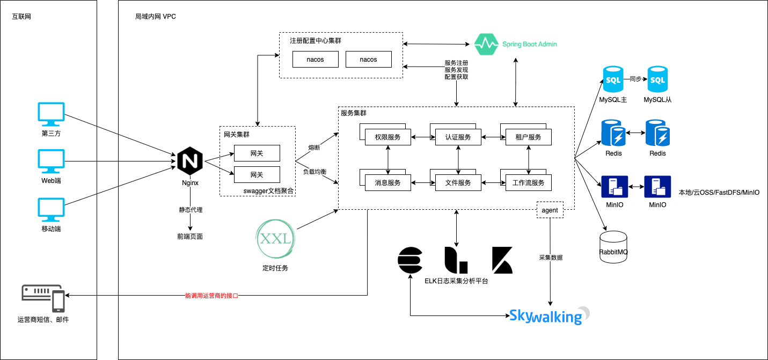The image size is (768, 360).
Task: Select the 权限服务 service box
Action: coord(387,137)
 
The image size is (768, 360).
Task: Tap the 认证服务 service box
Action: coord(458,137)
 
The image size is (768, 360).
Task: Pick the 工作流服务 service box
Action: coord(529,183)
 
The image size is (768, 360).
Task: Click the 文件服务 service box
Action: coord(458,183)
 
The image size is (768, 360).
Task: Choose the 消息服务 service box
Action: coord(387,183)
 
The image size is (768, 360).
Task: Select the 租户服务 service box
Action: coord(529,137)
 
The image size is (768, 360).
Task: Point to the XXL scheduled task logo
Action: coord(276,238)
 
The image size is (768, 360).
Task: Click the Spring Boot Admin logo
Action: coord(516,44)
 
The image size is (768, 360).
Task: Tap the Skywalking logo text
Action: coord(546,316)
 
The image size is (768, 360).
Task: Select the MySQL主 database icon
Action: coord(613,80)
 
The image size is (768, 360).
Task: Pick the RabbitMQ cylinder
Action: coord(613,247)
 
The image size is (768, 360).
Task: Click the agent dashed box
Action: coord(550,210)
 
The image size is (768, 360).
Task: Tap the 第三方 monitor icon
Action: coord(51,114)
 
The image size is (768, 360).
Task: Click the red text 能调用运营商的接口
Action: coord(211,296)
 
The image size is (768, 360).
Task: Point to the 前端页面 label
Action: coord(190,236)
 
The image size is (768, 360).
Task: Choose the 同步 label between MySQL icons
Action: coord(635,79)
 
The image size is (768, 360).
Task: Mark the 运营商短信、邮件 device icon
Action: coord(43,298)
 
